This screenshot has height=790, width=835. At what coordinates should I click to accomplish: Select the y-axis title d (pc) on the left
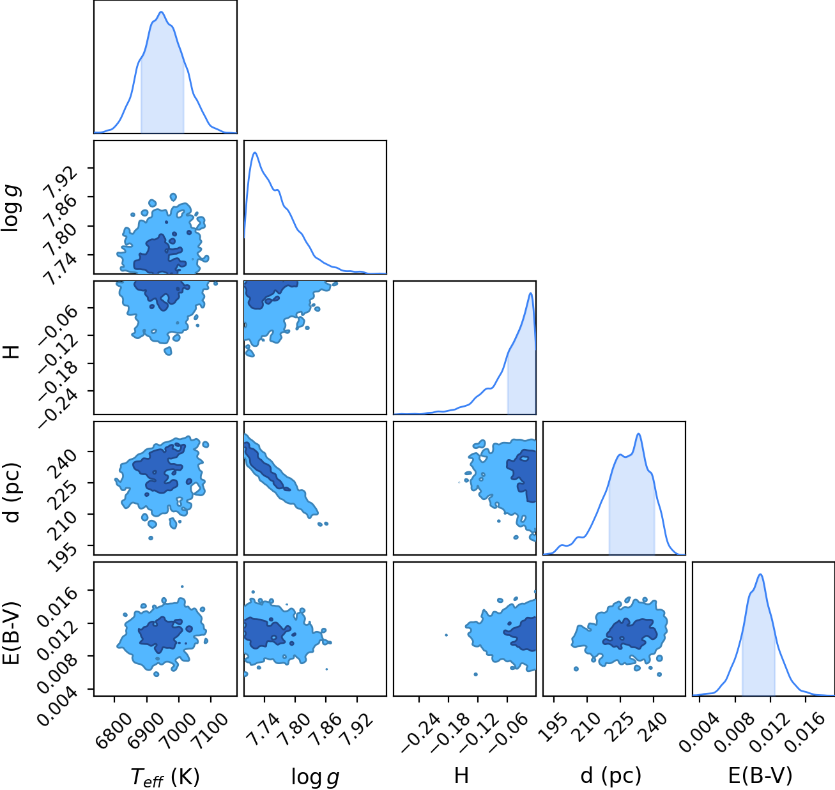pos(13,492)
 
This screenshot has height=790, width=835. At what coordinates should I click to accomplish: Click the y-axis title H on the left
pos(12,352)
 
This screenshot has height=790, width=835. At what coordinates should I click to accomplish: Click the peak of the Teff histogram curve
pos(161,12)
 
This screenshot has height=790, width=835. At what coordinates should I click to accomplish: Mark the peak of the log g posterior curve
pos(255,153)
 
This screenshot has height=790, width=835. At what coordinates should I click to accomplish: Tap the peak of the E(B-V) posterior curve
pos(760,574)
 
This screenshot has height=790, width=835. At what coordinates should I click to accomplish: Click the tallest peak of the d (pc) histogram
pos(638,434)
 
